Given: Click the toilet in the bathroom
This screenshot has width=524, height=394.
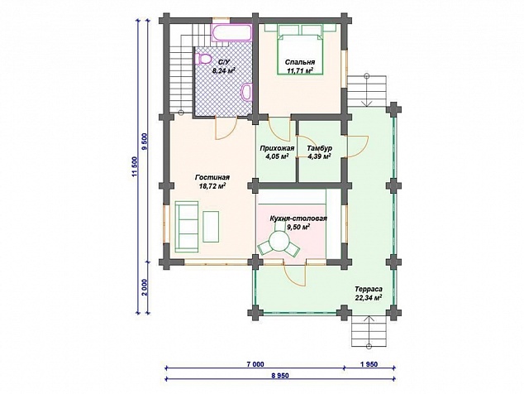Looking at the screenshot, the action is click(202, 60).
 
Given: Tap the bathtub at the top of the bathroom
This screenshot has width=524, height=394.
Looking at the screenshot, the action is click(231, 32).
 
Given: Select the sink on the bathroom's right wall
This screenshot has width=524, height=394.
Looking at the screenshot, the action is click(246, 91).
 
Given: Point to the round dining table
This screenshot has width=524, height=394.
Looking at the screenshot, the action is click(279, 241).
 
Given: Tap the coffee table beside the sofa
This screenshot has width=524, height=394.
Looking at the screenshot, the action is click(211, 226).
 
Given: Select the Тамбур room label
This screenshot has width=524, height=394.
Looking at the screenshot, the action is click(320, 148).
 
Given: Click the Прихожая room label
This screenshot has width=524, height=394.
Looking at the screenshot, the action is click(277, 148).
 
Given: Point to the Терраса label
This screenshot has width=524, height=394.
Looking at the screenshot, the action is click(369, 289).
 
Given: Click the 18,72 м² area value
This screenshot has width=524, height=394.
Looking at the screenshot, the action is click(212, 186).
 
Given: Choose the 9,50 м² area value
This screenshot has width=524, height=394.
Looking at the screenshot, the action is click(298, 228).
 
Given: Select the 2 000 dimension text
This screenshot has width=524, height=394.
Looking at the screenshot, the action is click(145, 287).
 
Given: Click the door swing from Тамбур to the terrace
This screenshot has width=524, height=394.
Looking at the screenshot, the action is click(358, 147).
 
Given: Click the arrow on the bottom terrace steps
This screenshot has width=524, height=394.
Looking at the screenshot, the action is click(369, 332).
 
